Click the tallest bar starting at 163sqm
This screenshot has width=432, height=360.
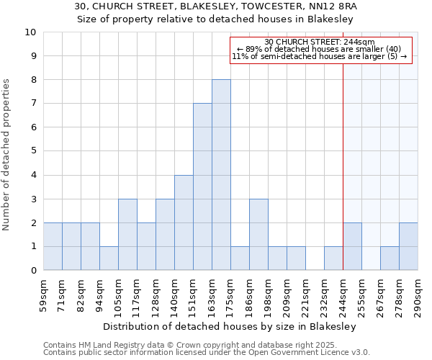(x=221, y=175)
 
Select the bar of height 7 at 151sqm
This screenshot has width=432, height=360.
(x=202, y=187)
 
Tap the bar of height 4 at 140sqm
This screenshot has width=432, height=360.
(x=184, y=222)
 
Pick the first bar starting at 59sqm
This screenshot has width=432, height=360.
(x=53, y=246)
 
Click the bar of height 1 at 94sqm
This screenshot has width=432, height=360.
(x=109, y=258)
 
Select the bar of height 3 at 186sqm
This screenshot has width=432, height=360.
(x=258, y=235)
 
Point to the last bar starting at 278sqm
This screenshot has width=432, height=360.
(x=408, y=246)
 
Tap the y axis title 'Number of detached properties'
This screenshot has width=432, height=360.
(x=7, y=155)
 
